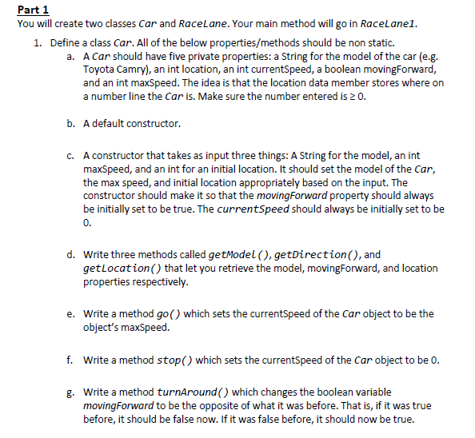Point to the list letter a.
point(71,56)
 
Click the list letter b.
point(71,124)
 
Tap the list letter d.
point(71,255)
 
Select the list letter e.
point(71,313)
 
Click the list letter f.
point(71,360)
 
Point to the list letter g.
point(71,392)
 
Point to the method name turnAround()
point(195,392)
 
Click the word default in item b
point(110,124)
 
